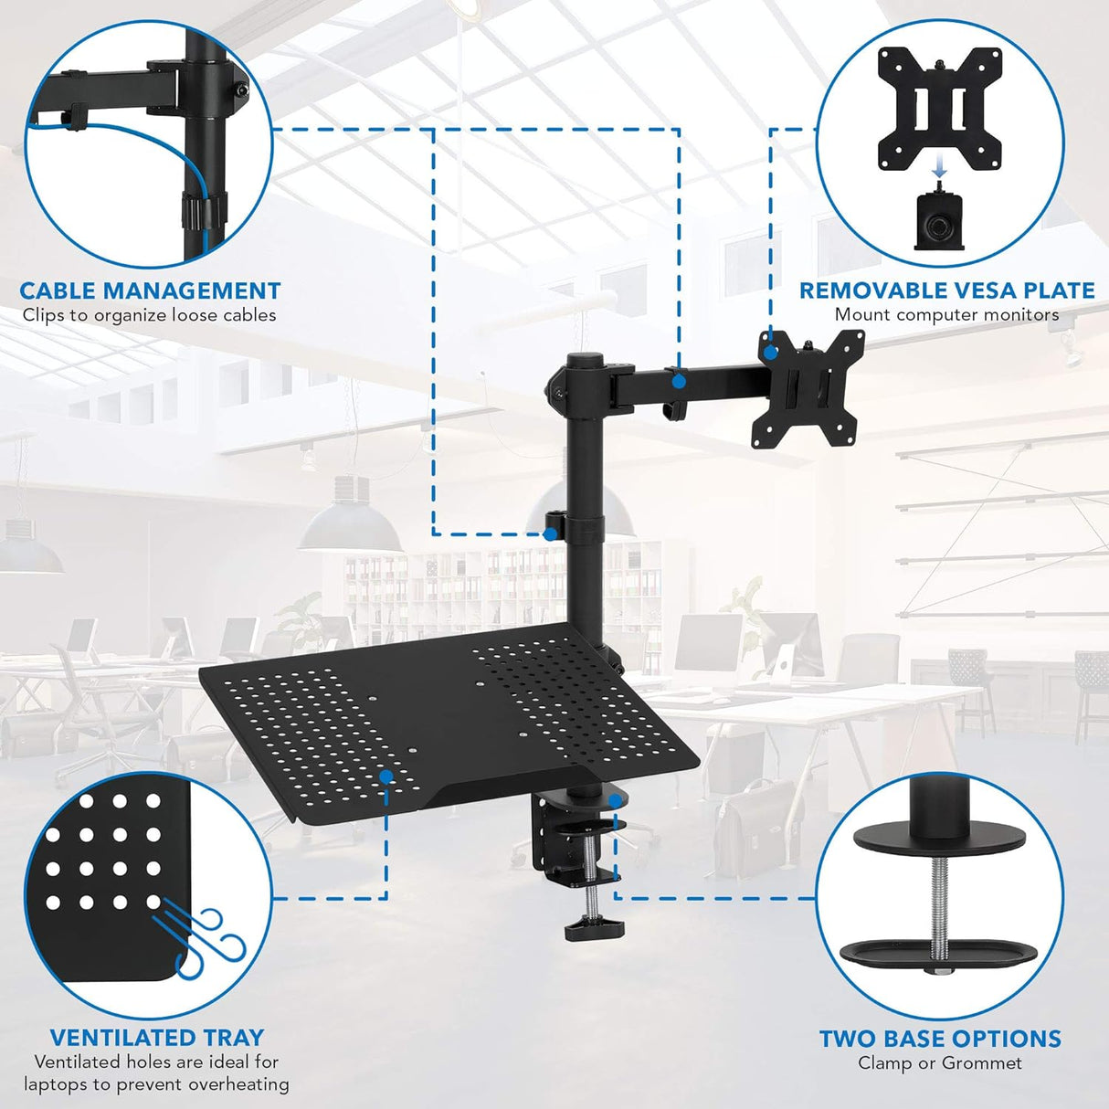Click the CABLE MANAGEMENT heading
tap(150, 291)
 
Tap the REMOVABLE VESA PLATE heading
tap(946, 290)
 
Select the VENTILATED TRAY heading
tap(156, 1038)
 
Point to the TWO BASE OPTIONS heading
tap(940, 1039)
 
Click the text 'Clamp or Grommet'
tap(940, 1063)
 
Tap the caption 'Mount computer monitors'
tap(946, 315)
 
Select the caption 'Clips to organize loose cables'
tap(150, 316)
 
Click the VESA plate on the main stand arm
tap(804, 392)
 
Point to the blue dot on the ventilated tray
tap(386, 776)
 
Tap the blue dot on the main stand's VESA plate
tap(770, 350)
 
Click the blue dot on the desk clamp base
tap(615, 800)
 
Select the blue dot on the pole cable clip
tap(550, 533)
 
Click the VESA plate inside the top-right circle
tap(939, 109)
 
